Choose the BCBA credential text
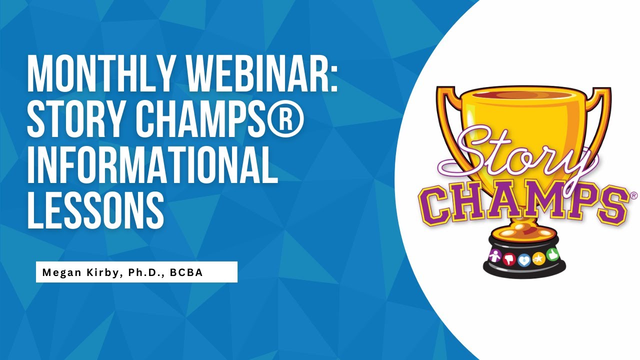tap(185, 272)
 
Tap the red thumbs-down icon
tap(509, 259)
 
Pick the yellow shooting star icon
tap(538, 259)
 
